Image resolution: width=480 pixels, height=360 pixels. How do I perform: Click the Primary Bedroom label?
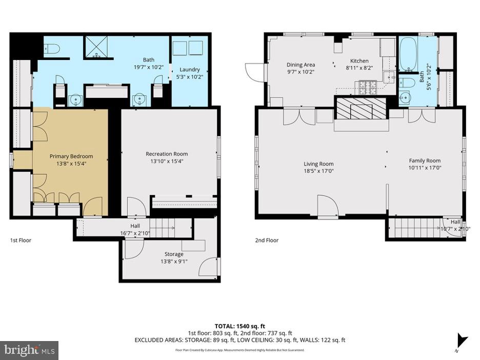pyautogui.click(x=71, y=156)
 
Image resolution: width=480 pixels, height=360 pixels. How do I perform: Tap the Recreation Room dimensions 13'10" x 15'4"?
pyautogui.click(x=167, y=161)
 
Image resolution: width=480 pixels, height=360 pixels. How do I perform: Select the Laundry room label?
pyautogui.click(x=190, y=70)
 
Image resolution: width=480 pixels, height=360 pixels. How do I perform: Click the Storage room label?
pyautogui.click(x=174, y=254)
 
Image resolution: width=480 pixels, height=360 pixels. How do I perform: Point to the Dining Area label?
pyautogui.click(x=301, y=65)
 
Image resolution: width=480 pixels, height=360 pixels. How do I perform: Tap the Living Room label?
pyautogui.click(x=318, y=164)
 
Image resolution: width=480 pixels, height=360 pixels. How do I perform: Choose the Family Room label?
pyautogui.click(x=425, y=161)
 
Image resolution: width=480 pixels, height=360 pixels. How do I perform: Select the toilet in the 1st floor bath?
pyautogui.click(x=52, y=49)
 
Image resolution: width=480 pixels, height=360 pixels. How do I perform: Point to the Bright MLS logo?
pyautogui.click(x=29, y=350)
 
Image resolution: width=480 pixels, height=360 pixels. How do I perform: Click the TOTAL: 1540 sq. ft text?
pyautogui.click(x=239, y=326)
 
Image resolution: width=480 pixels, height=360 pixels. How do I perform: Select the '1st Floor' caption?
pyautogui.click(x=21, y=240)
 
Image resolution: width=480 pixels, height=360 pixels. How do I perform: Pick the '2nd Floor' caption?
pyautogui.click(x=267, y=240)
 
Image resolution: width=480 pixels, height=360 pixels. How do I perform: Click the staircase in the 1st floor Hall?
pyautogui.click(x=164, y=228)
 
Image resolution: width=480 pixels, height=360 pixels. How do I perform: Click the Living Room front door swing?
pyautogui.click(x=327, y=206)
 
